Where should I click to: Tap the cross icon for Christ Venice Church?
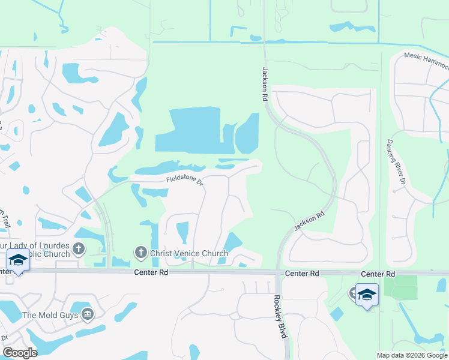pyautogui.click(x=141, y=252)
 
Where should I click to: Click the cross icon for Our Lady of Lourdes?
pyautogui.click(x=79, y=248)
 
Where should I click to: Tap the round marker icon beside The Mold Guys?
pyautogui.click(x=88, y=314)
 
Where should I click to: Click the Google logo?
pyautogui.click(x=20, y=353)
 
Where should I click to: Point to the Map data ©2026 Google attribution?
pyautogui.click(x=411, y=355)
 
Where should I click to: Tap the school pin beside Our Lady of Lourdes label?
pyautogui.click(x=18, y=261)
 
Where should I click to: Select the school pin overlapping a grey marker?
pyautogui.click(x=367, y=295)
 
